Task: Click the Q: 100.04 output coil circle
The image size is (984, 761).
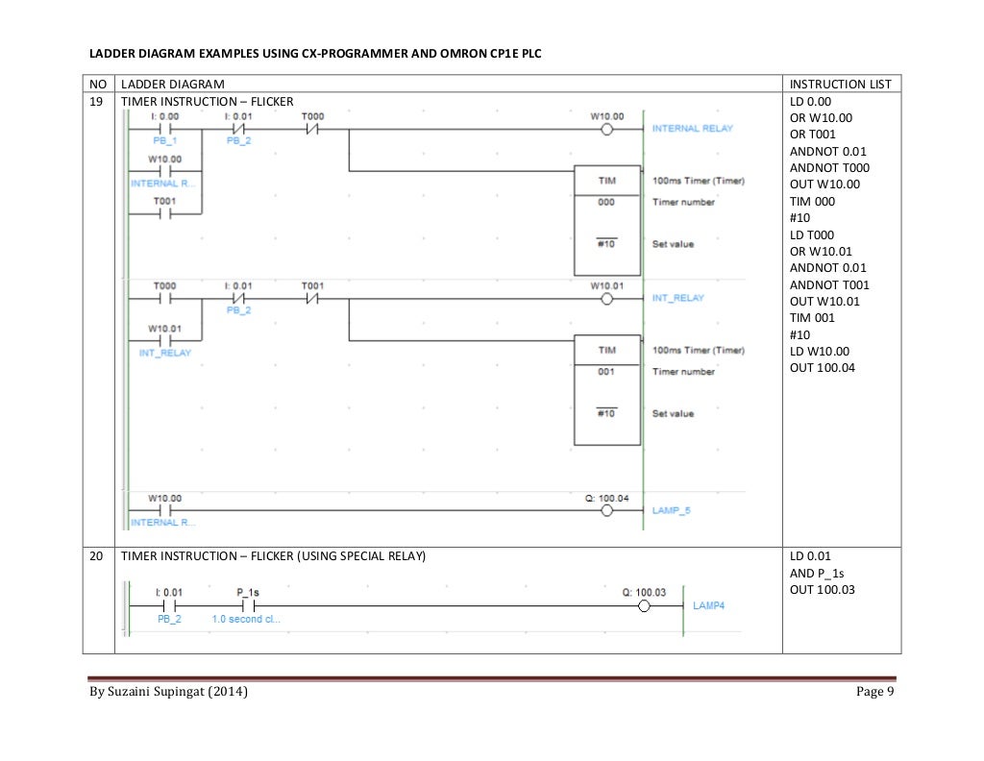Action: coord(606,511)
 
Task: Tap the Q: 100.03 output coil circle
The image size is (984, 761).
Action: coord(645,606)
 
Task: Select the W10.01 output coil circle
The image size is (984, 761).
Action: coord(606,299)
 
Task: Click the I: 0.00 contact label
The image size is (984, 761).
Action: coord(165,116)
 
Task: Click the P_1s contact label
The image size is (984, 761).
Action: coord(247,593)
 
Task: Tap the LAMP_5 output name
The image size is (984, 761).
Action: coord(671,511)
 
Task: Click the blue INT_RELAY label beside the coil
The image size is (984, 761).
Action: coord(677,299)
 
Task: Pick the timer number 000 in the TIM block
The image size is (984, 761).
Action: coord(606,202)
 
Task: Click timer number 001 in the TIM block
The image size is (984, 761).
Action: coord(606,371)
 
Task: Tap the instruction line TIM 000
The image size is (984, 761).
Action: coord(812,202)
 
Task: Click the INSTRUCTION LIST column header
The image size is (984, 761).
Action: coord(840,85)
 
